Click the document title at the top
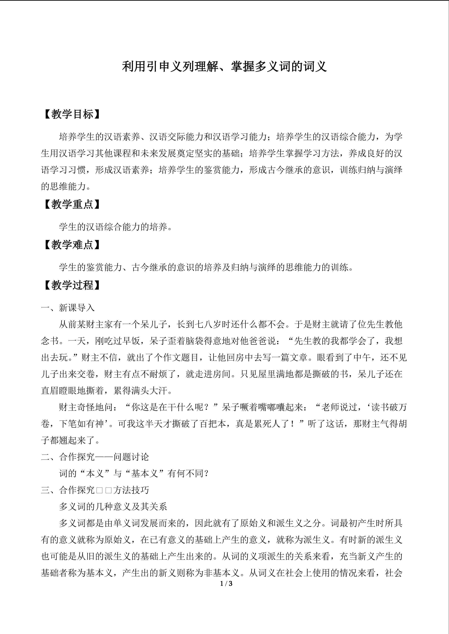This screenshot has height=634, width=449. pyautogui.click(x=224, y=66)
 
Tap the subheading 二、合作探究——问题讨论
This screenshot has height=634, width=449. pyautogui.click(x=95, y=457)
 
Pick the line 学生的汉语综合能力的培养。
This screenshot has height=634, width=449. pyautogui.click(x=116, y=227)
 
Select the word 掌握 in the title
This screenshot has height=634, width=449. pyautogui.click(x=242, y=66)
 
